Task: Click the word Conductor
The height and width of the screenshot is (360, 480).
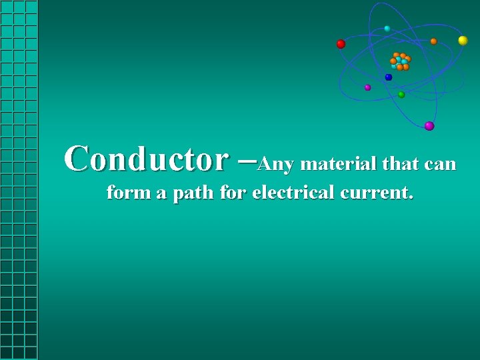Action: pos(145,159)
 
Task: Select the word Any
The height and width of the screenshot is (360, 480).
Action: pos(275,164)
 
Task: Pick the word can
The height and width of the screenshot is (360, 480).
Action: pos(440,164)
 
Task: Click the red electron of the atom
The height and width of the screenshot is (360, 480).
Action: pos(341,44)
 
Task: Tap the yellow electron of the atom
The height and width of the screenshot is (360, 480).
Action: pos(463,41)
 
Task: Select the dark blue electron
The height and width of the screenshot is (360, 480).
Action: pos(389,77)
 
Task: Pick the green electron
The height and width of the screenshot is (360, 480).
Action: pos(401,95)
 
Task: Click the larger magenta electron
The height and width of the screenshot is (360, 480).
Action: pos(429,125)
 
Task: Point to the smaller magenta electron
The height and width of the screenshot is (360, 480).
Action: pos(367,87)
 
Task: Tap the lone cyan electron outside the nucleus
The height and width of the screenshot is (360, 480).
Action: pos(387,29)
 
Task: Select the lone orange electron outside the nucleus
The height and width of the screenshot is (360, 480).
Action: pos(433,41)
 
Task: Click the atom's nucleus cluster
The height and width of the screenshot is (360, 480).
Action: pos(400,61)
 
